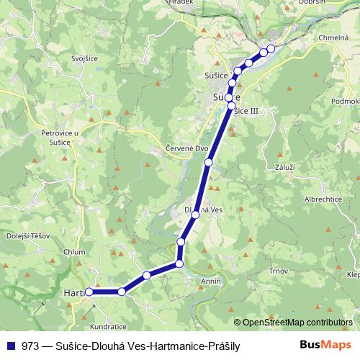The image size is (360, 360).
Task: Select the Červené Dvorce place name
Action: (x=185, y=150)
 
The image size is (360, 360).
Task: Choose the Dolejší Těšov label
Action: (x=22, y=235)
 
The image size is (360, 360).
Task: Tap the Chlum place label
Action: (x=74, y=251)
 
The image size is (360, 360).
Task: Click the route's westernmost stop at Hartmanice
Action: (x=89, y=292)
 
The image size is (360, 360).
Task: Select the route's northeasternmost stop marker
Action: (x=271, y=49)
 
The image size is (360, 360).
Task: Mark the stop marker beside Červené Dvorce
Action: (x=208, y=163)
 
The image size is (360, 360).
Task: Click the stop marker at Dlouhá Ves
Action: (x=195, y=215)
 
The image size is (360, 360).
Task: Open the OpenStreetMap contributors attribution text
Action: (x=298, y=323)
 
